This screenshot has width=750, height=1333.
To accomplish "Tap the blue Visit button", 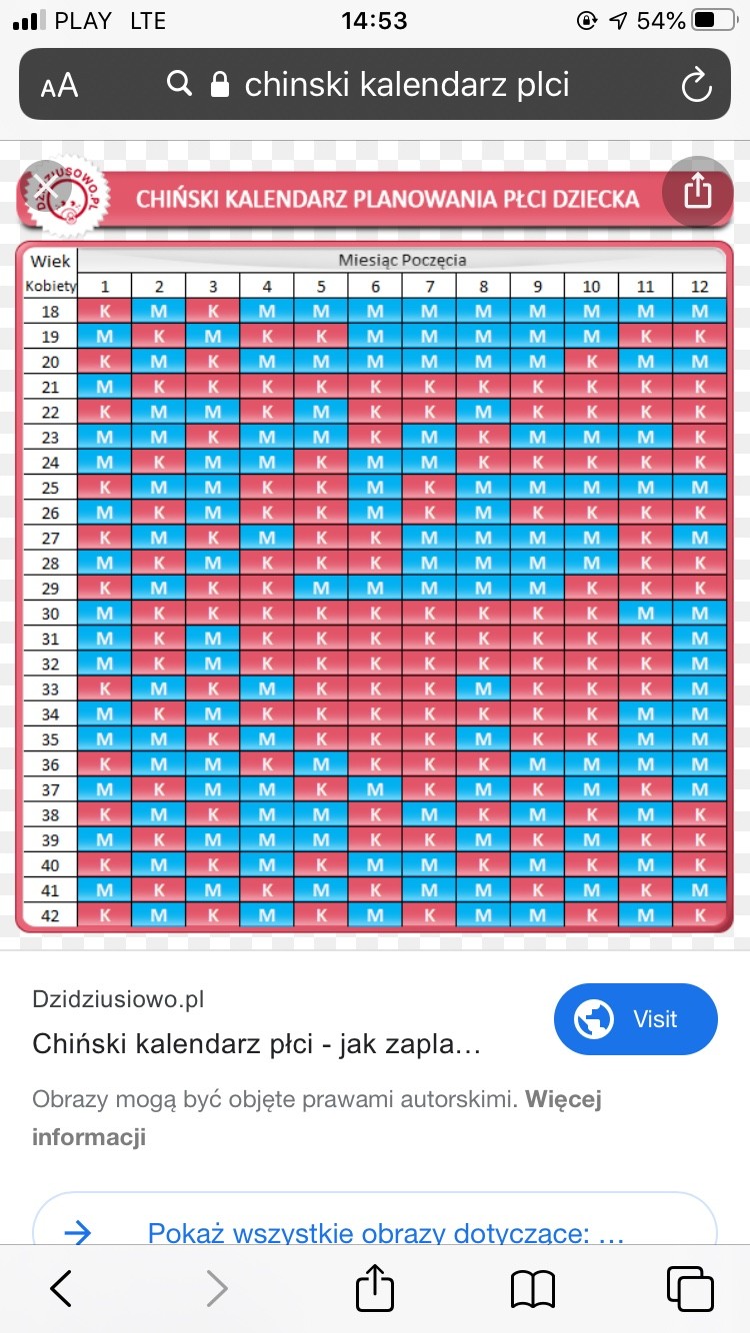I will (x=635, y=1019).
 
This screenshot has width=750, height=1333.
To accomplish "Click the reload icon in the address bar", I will (x=696, y=85).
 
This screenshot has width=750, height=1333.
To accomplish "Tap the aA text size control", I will (x=59, y=86).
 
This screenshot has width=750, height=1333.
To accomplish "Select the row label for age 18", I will (x=50, y=311).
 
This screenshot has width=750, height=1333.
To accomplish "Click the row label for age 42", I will (x=50, y=915).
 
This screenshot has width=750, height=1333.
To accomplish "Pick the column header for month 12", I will (x=699, y=286).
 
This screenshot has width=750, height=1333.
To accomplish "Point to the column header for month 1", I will (x=104, y=286).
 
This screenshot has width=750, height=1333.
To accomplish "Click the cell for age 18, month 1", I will (x=104, y=311).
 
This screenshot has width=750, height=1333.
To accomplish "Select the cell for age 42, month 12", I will (x=699, y=915).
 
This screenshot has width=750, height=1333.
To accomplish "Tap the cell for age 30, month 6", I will (x=375, y=614).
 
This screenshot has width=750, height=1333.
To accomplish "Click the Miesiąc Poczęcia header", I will (x=402, y=260).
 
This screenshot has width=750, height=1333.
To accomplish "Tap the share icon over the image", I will (x=698, y=190).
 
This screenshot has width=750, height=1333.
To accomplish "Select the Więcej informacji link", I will (x=316, y=1118).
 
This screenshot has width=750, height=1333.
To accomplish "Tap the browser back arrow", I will (x=61, y=1288).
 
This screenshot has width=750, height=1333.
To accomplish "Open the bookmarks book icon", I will (x=532, y=1288).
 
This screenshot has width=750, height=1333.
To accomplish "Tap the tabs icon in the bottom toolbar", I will (x=689, y=1288).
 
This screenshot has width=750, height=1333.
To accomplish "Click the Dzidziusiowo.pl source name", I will (x=118, y=999).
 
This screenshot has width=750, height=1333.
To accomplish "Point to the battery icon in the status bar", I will (x=713, y=21).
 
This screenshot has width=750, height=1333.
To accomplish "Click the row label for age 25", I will (x=50, y=488).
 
